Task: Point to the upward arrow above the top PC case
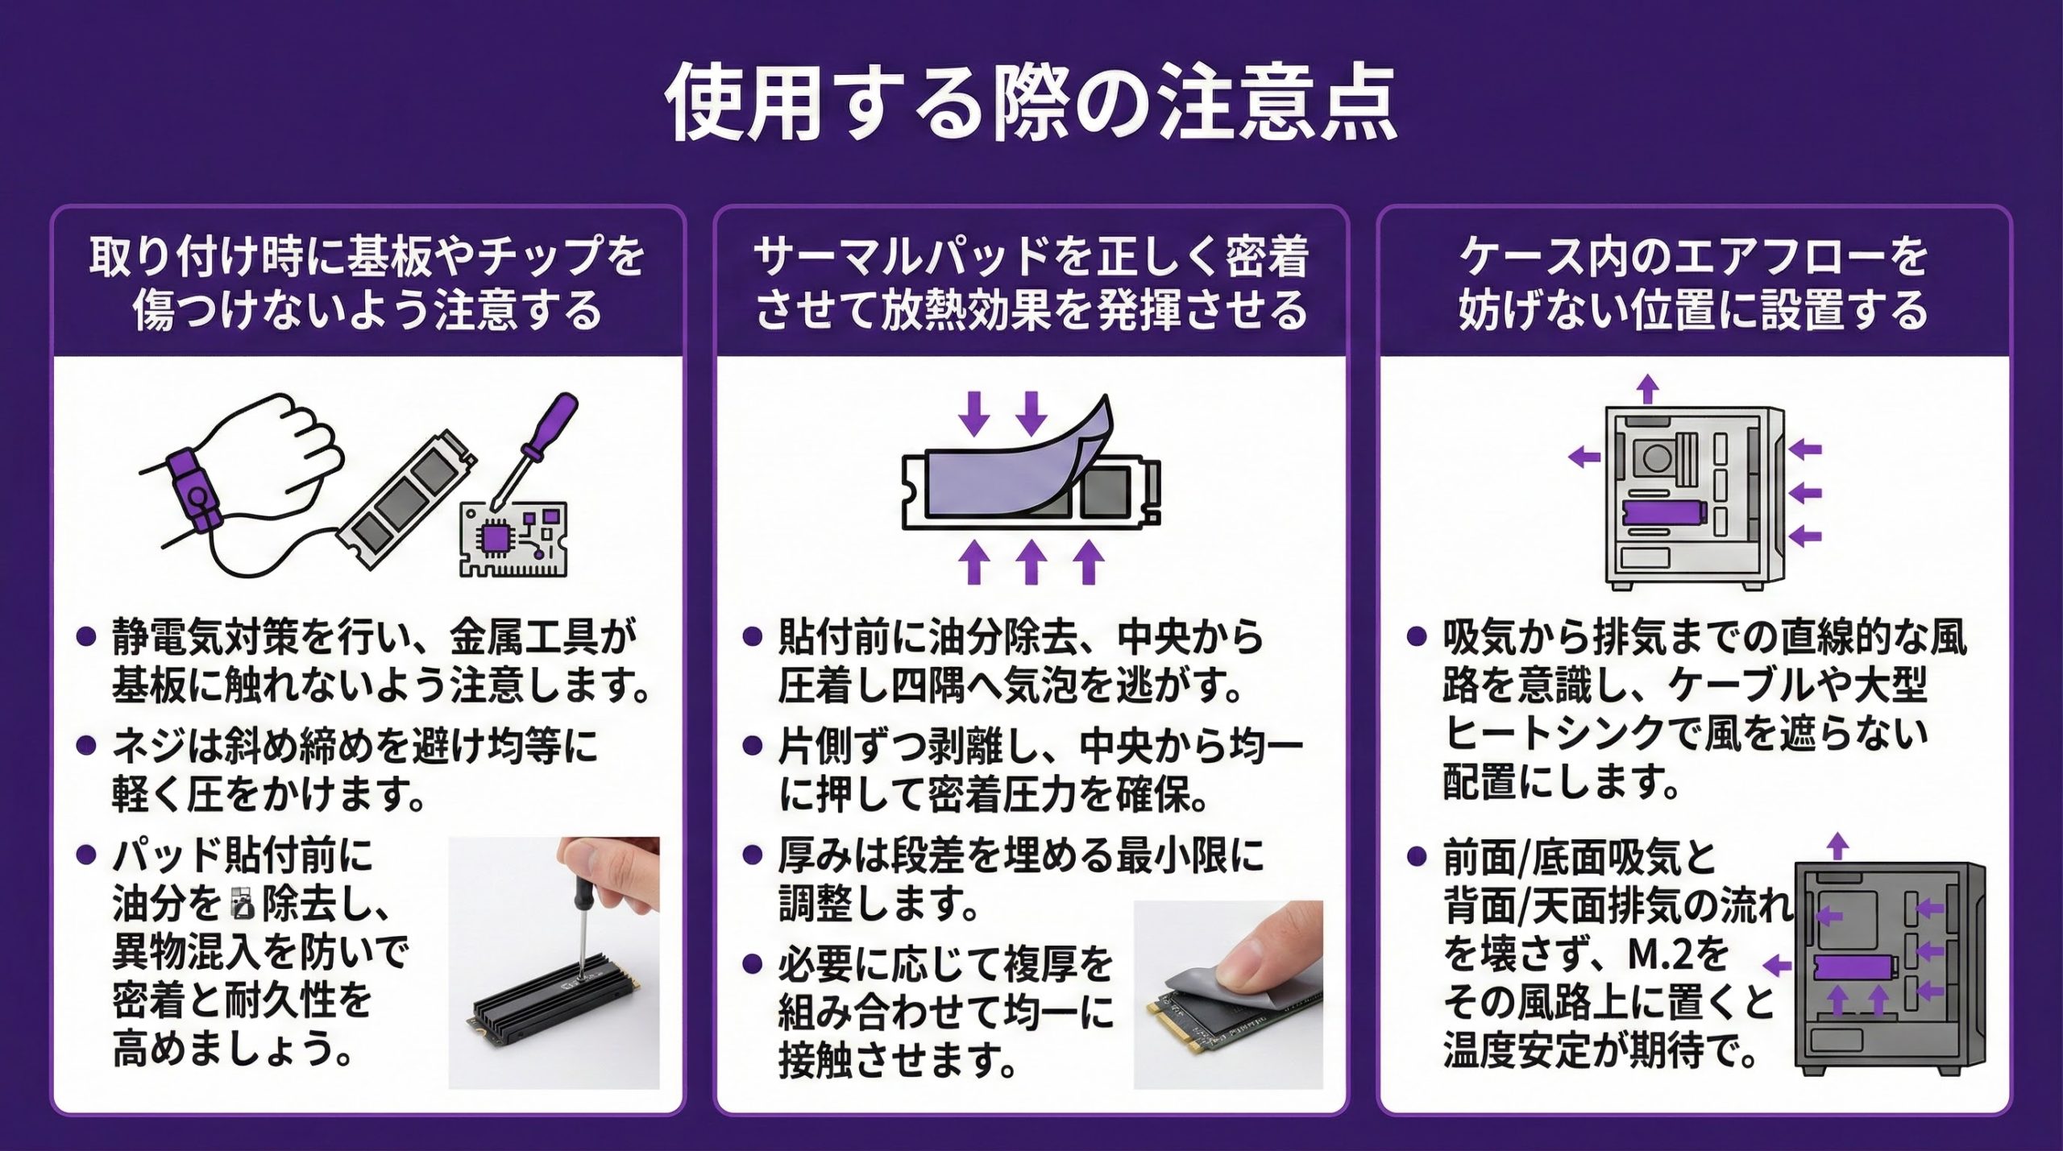(1648, 388)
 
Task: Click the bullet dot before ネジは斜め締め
(86, 746)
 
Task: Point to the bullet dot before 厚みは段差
(752, 855)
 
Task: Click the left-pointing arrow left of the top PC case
(1584, 458)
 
